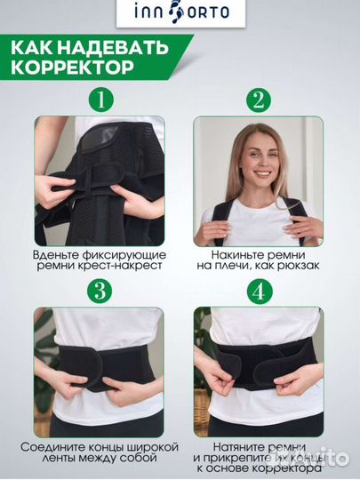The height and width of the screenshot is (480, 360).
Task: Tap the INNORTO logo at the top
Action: click(x=180, y=12)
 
